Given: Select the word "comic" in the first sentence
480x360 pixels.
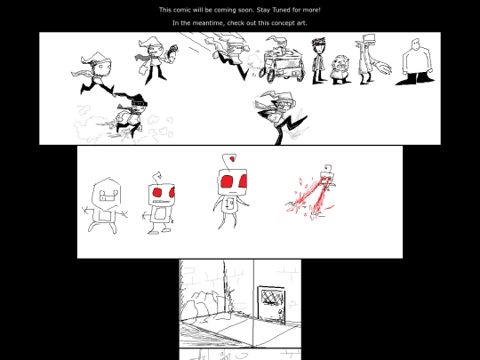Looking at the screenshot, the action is [x=182, y=10].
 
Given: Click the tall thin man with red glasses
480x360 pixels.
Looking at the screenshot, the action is [x=318, y=60].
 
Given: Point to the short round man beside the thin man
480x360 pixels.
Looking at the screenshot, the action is [x=340, y=69].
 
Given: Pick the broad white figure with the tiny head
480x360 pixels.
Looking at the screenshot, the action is [x=416, y=62].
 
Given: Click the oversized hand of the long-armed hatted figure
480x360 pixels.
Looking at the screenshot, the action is [x=382, y=67].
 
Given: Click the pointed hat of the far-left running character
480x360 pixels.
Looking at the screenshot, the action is [x=95, y=58].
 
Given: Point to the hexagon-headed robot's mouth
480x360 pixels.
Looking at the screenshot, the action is [x=109, y=196].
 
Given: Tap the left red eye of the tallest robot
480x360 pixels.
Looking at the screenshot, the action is [x=227, y=182].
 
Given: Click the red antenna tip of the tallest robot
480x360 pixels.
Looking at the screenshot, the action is [x=233, y=158].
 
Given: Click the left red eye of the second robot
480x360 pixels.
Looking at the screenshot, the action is [x=157, y=193].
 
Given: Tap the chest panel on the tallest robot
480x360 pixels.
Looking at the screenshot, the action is [x=229, y=204].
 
